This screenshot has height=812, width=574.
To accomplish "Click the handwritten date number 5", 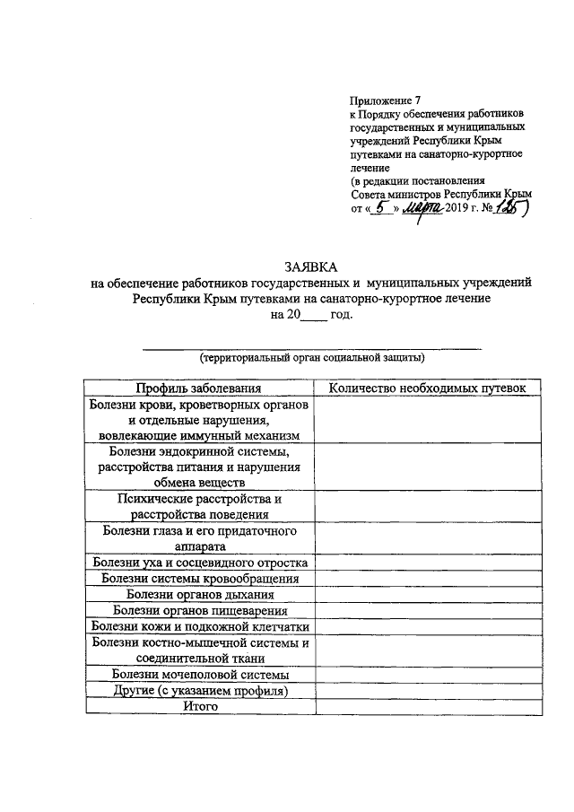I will tap(382, 207).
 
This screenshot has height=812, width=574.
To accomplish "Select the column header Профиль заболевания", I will tap(198, 388).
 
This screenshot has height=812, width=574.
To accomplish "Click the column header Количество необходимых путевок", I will tap(428, 388).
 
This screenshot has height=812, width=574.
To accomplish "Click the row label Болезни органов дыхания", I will tap(198, 594).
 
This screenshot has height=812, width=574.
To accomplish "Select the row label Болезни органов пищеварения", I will tap(198, 610).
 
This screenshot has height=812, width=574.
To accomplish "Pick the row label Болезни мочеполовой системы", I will tap(198, 675).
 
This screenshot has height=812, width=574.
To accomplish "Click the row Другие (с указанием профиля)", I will tap(198, 691).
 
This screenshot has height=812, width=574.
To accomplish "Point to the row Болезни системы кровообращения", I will tap(198, 578).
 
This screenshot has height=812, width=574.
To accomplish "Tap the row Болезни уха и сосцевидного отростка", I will tap(198, 562).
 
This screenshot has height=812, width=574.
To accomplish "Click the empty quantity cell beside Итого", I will tap(428, 707).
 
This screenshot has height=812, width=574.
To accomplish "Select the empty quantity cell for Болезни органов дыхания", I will tap(428, 594).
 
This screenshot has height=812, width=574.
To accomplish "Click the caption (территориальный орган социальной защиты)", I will tap(311, 357).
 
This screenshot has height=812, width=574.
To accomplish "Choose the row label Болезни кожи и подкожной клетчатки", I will tap(198, 626).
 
